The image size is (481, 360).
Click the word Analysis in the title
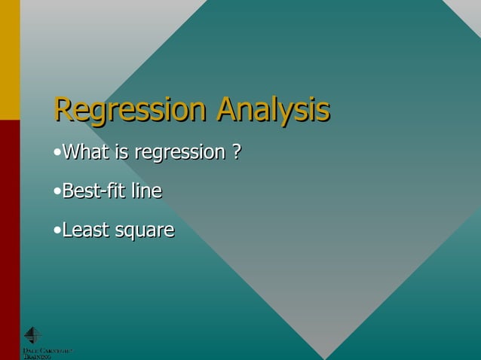pos(272,111)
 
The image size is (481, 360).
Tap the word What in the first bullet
pos(86,152)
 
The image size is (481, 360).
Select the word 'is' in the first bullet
pos(121,152)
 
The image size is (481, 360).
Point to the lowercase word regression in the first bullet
pos(178,154)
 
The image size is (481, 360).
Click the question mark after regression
pos(236,152)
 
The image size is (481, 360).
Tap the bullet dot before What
pos(57,154)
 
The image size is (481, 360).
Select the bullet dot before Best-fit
pos(57,192)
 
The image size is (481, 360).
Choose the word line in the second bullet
pos(146,191)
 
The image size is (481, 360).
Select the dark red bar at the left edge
pos(10,226)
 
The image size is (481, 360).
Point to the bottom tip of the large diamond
pos(325,357)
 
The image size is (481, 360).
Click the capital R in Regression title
pos(63,110)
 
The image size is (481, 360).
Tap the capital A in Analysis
pos(226,110)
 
